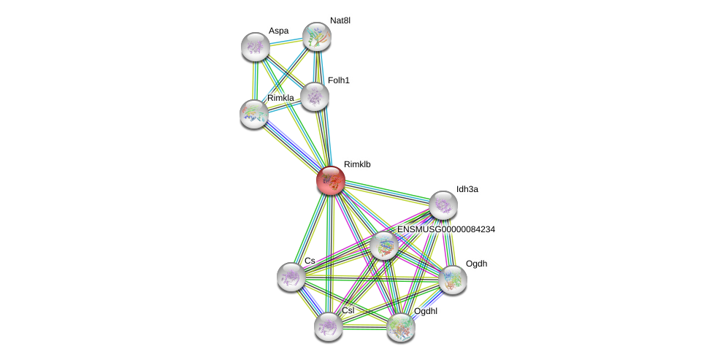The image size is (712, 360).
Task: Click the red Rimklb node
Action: (331, 180)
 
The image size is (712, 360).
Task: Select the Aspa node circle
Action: (256, 47)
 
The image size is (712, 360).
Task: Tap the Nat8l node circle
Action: (317, 37)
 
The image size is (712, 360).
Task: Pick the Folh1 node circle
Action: (315, 96)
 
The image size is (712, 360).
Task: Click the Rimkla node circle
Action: (254, 114)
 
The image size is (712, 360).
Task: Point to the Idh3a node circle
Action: (443, 205)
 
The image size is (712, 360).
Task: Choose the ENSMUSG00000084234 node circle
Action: (383, 246)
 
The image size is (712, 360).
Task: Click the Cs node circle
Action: (291, 277)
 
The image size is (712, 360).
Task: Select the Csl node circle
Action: (329, 326)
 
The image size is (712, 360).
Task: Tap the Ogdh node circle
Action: (453, 279)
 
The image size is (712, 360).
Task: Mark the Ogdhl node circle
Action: (401, 327)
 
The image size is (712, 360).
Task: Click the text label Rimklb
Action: (357, 165)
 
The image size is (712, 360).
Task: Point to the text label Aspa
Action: (278, 31)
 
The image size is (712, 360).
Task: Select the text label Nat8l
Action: (340, 20)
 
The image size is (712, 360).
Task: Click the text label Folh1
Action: (338, 80)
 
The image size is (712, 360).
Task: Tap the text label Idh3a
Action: (467, 189)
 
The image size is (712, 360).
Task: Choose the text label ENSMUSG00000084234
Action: (446, 229)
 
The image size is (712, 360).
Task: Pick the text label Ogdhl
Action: (426, 311)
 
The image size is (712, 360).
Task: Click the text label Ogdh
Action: (476, 264)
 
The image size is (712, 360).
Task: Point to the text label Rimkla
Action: (280, 98)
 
